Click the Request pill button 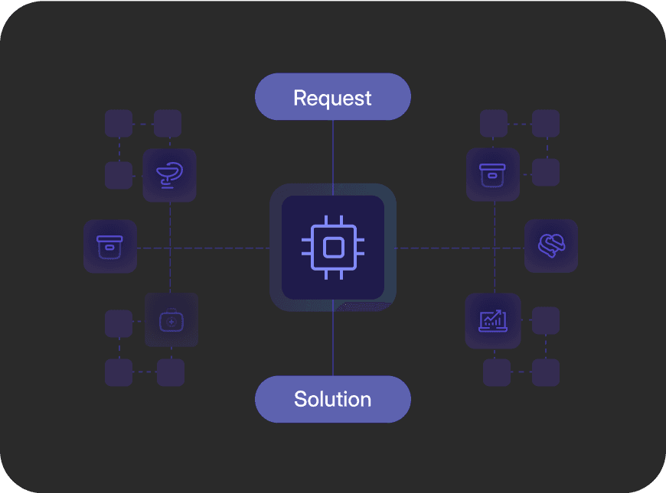coord(333,97)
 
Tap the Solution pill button coord(333,399)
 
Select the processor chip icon coord(333,247)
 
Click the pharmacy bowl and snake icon coord(170,175)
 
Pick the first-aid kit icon coord(171,320)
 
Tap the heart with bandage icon coord(551,246)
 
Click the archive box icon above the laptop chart coord(494,175)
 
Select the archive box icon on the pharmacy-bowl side coord(110,247)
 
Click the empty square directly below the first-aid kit coord(171,373)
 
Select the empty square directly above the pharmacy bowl coord(168,124)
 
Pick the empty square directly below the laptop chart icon coord(497,373)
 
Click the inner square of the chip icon coord(333,247)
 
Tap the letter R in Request coord(300,98)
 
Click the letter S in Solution coord(300,399)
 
